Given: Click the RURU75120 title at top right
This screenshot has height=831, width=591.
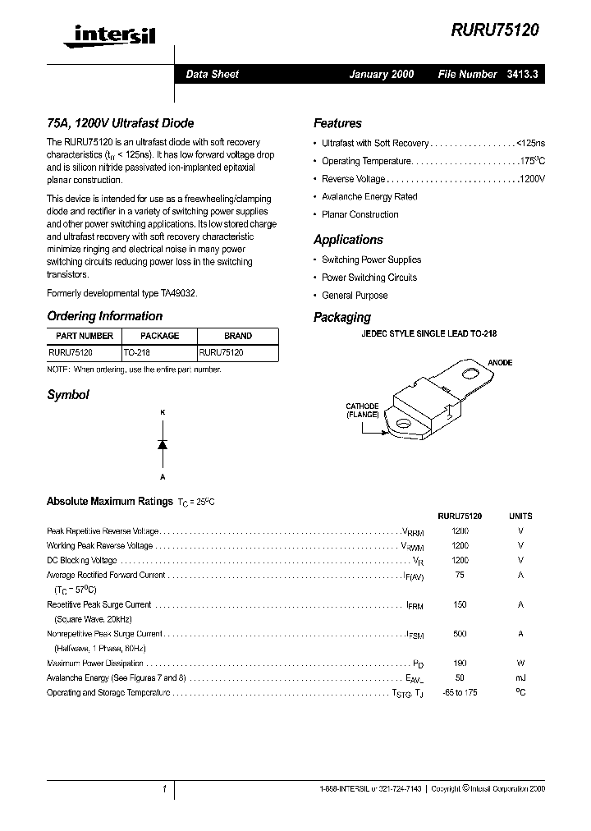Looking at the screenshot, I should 495,30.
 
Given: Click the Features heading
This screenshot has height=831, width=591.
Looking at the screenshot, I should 337,123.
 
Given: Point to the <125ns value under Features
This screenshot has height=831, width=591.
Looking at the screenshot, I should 529,143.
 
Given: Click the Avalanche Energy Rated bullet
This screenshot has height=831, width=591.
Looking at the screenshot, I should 369,197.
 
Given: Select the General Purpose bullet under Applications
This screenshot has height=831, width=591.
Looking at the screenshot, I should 354,296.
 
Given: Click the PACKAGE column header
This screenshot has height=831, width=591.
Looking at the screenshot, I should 159,336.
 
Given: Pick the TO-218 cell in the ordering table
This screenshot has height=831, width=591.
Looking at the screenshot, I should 137,351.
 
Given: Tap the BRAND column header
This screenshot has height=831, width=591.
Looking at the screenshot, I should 237,336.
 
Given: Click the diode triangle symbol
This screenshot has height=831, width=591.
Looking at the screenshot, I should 163,444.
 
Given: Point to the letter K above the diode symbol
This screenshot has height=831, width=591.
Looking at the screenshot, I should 163,412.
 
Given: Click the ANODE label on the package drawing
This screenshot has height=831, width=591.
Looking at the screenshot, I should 500,362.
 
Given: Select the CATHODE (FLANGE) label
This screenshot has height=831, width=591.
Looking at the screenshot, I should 362,411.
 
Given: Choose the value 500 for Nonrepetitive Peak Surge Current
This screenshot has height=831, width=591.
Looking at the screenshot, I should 460,634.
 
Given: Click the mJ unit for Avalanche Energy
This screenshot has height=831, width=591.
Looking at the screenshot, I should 520,678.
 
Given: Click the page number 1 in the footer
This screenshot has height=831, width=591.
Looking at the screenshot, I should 164,789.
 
